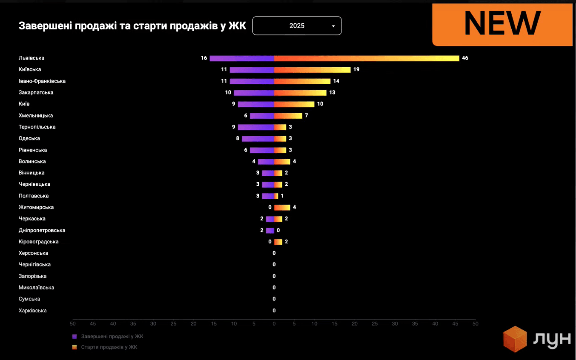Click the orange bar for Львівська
(x=367, y=58)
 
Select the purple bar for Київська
(x=252, y=70)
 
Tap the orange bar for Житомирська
(x=282, y=208)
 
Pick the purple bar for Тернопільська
(x=256, y=127)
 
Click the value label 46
(x=465, y=58)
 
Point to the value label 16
(x=204, y=58)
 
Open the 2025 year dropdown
(x=297, y=26)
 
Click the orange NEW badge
(x=502, y=24)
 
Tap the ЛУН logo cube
(x=515, y=339)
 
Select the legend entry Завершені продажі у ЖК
(x=112, y=336)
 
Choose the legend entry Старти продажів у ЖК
(x=109, y=347)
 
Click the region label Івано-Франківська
(x=42, y=81)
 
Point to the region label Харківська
(x=33, y=311)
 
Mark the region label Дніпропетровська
(x=42, y=231)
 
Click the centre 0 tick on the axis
(x=274, y=324)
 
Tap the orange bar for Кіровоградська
(x=278, y=242)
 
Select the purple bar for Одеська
(x=258, y=139)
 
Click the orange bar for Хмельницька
(x=288, y=116)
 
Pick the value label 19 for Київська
(x=356, y=69)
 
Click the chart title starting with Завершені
(x=132, y=26)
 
